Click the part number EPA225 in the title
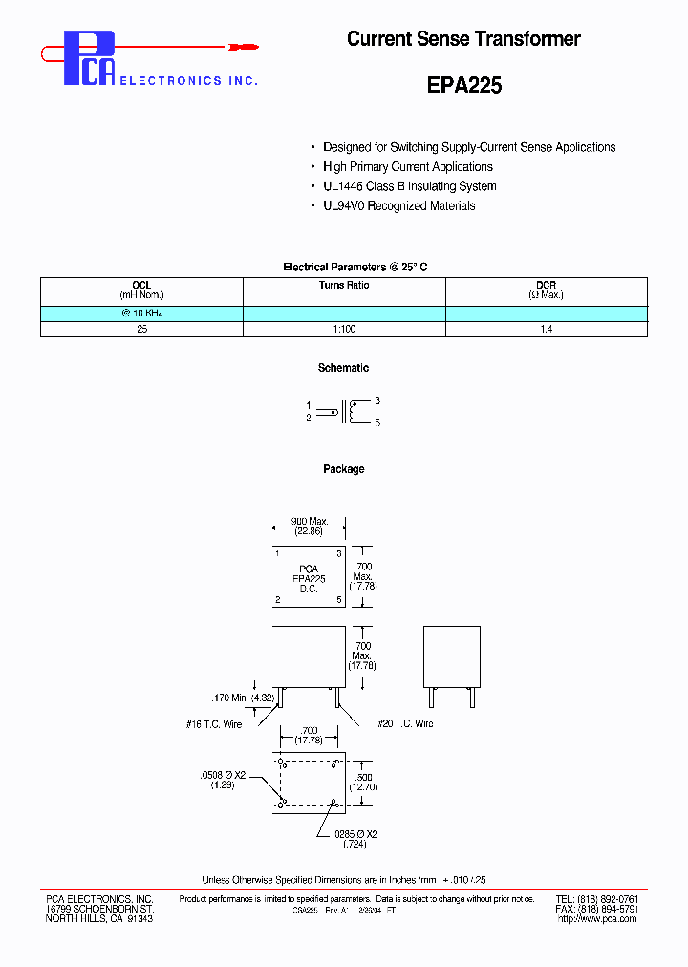(463, 84)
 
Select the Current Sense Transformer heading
(463, 39)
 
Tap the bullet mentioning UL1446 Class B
(409, 186)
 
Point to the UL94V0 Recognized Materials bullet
(398, 205)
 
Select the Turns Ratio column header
(344, 285)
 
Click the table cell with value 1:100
(344, 329)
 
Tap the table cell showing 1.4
(547, 329)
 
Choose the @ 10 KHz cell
(141, 313)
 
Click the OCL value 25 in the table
(141, 329)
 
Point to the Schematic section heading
(343, 368)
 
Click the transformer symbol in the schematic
(344, 412)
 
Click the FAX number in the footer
(596, 909)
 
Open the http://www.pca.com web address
(596, 919)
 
